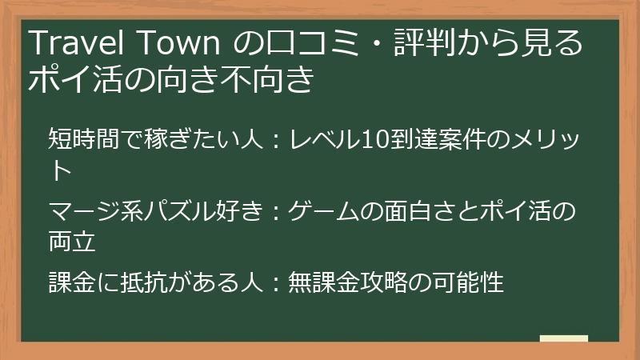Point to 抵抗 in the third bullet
coord(151,282)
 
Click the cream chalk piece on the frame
coord(563,338)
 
